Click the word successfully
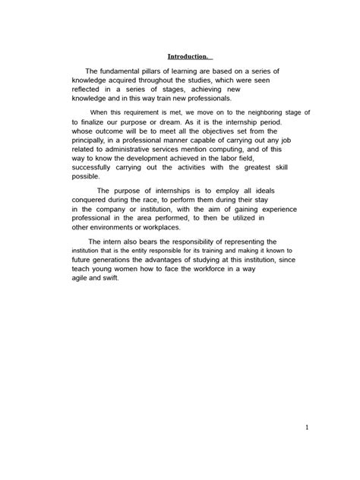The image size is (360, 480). (x=99, y=168)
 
